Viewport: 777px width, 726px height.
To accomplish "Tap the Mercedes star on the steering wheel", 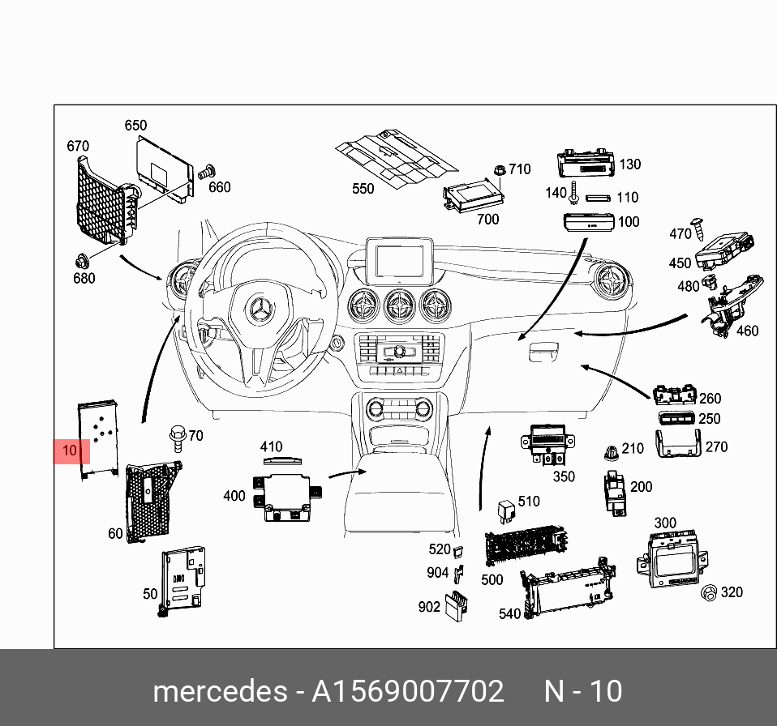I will (260, 310).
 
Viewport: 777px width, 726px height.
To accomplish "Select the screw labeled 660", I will (205, 172).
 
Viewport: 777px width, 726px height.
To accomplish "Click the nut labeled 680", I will (81, 261).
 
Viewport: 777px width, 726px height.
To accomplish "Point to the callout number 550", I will (363, 189).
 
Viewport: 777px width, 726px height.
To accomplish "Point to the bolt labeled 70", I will (177, 438).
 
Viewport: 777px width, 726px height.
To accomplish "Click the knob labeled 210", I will (612, 454).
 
